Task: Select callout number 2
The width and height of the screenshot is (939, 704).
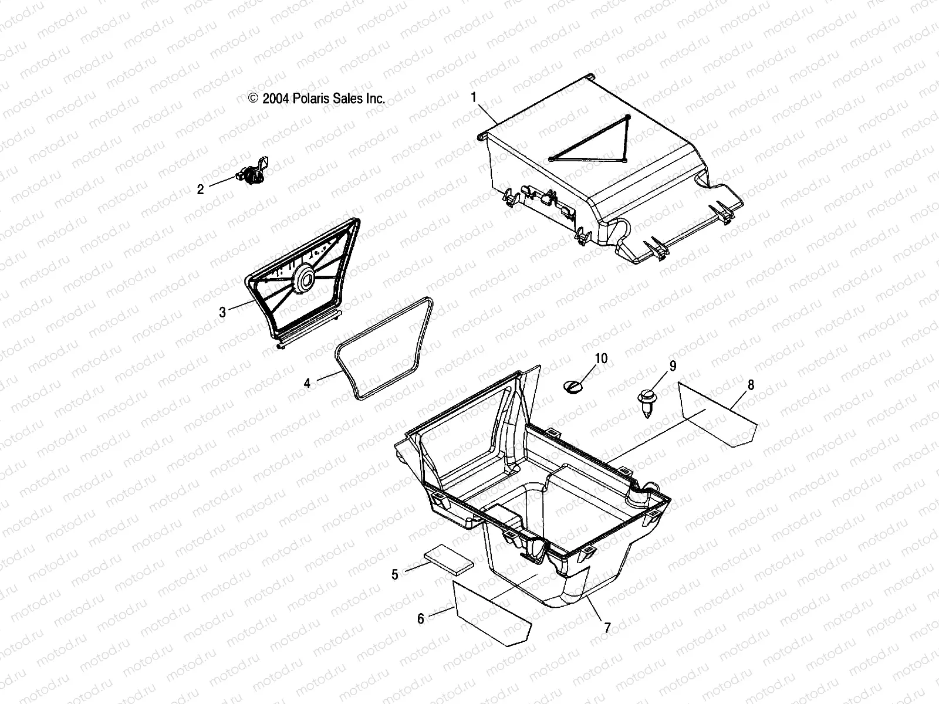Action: click(200, 189)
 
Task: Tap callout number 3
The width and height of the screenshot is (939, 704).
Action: click(222, 313)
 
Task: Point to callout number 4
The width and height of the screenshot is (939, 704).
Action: click(307, 383)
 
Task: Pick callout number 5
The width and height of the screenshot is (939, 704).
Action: click(395, 574)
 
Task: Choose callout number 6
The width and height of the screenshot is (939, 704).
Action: click(421, 618)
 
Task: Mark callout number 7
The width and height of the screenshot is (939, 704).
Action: click(607, 628)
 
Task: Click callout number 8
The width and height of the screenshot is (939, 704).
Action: click(751, 385)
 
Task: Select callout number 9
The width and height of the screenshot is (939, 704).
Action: click(673, 366)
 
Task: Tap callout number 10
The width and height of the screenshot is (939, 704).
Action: click(602, 358)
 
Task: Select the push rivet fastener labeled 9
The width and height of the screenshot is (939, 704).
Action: click(646, 402)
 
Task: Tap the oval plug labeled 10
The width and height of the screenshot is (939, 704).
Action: click(573, 387)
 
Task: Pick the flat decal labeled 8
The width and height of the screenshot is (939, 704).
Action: click(717, 416)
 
